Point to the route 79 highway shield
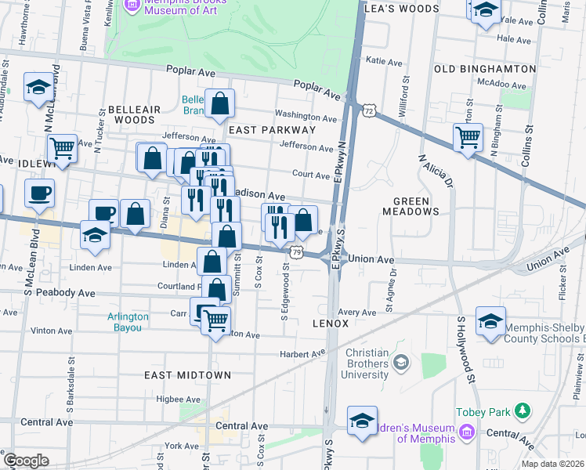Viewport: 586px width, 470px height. coord(295,251)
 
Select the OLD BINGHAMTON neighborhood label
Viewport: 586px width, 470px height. coord(485,69)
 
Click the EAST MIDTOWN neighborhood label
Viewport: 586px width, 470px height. coord(188,375)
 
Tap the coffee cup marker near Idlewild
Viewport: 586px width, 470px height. coord(39,193)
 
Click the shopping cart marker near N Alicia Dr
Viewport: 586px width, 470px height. coord(468,137)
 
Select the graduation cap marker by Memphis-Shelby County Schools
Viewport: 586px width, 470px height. coord(490,322)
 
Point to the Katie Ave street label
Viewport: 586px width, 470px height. coord(384,60)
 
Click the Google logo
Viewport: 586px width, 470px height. coord(26,461)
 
